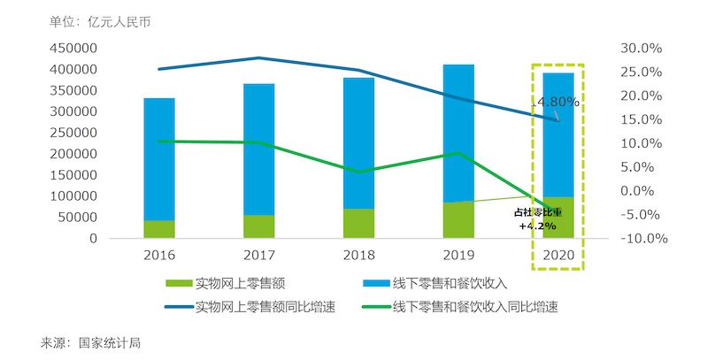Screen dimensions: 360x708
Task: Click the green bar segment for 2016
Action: (x=159, y=229)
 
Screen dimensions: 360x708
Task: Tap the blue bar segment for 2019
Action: (x=458, y=133)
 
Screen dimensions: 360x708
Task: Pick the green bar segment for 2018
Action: (x=358, y=224)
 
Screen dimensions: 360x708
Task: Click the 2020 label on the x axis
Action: (x=558, y=255)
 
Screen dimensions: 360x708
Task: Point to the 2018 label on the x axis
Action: (x=358, y=255)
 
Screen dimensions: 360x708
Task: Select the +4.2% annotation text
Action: (x=537, y=226)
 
